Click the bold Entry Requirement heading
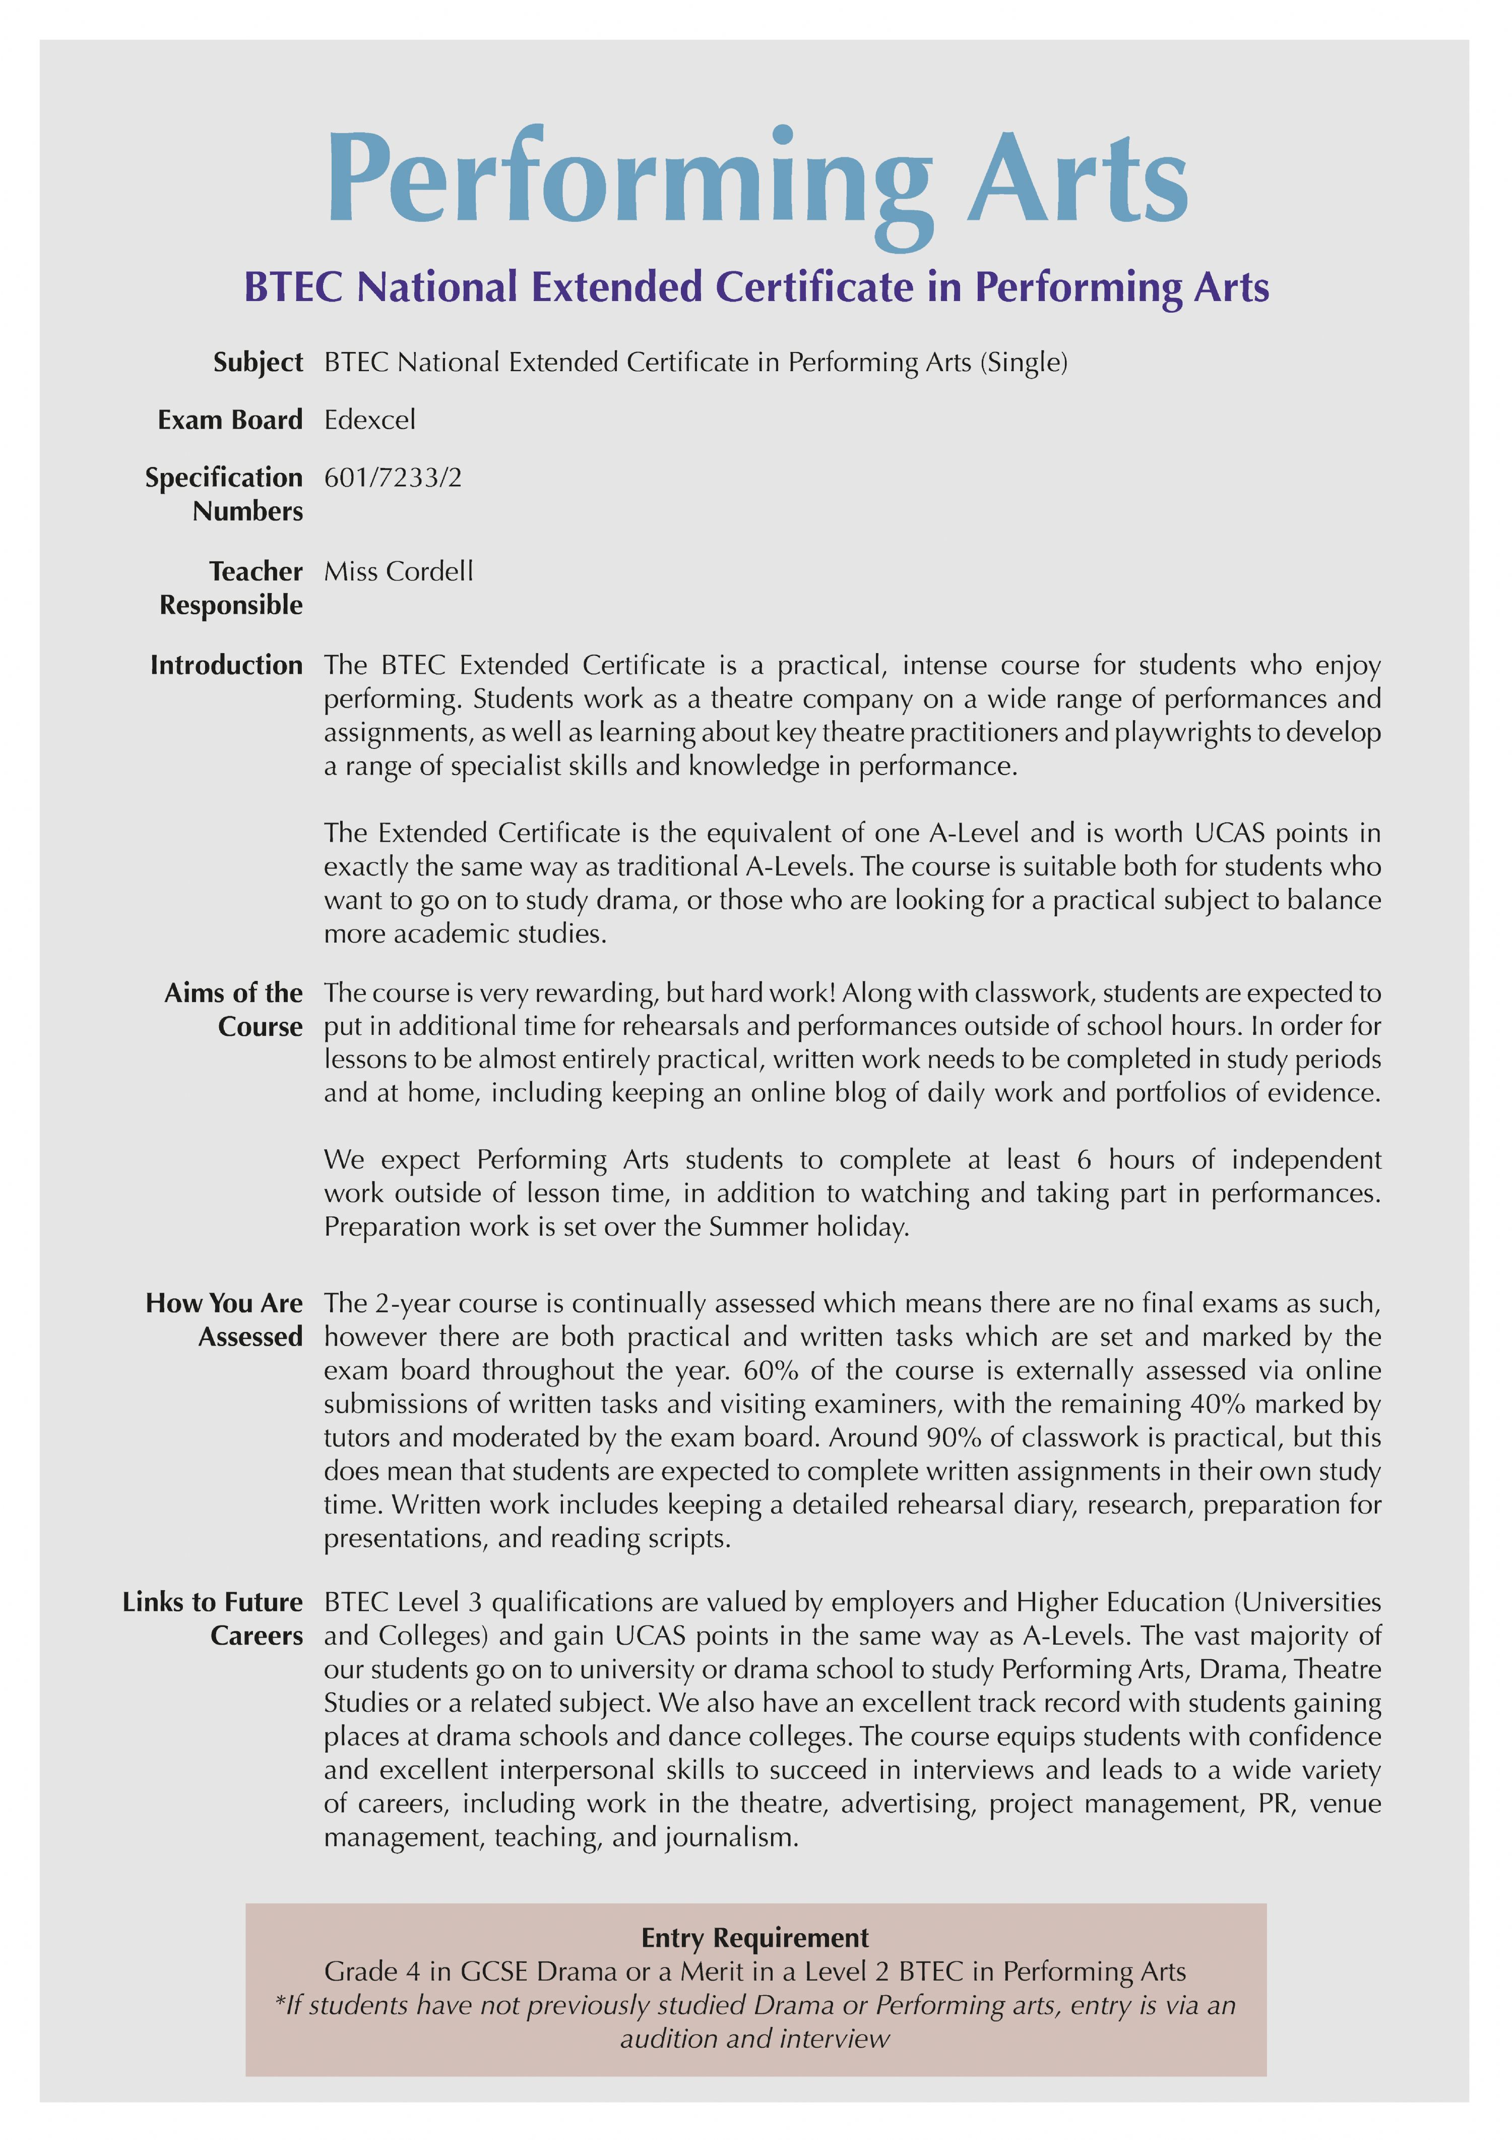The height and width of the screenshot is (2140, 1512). tap(754, 1938)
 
